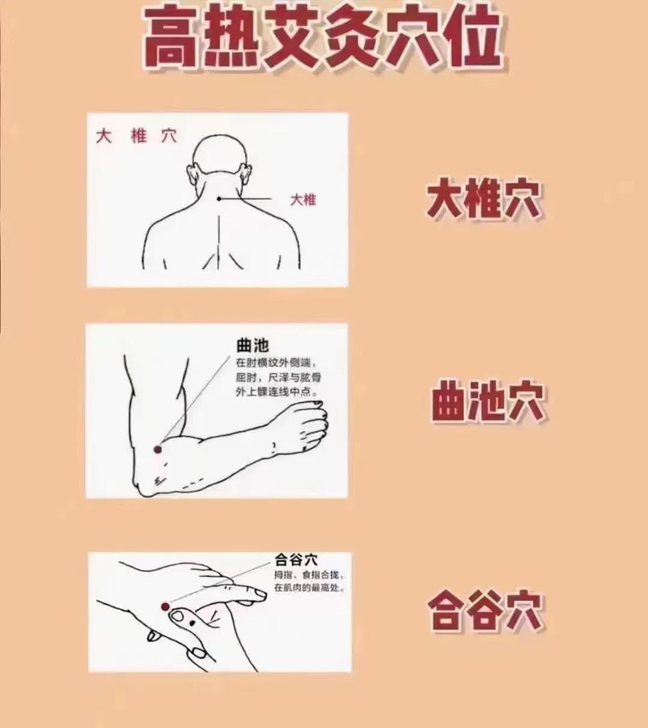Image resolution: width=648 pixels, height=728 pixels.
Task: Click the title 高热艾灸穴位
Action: tap(322, 37)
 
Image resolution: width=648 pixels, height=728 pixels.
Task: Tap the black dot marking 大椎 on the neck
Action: tap(219, 199)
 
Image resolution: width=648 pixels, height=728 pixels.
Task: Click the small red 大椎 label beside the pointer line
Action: tap(304, 199)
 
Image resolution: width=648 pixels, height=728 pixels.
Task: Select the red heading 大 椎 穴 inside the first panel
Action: tap(136, 136)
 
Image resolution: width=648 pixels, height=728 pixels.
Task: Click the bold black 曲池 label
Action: tap(253, 345)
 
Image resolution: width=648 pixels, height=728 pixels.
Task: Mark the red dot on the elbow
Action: tap(157, 449)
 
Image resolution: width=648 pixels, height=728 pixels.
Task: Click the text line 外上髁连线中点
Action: tap(277, 392)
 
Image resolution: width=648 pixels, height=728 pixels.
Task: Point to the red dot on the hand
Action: tap(165, 607)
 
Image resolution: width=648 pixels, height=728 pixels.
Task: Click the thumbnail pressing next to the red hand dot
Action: tap(178, 617)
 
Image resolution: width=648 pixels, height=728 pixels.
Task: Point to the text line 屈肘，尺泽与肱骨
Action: tap(278, 378)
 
